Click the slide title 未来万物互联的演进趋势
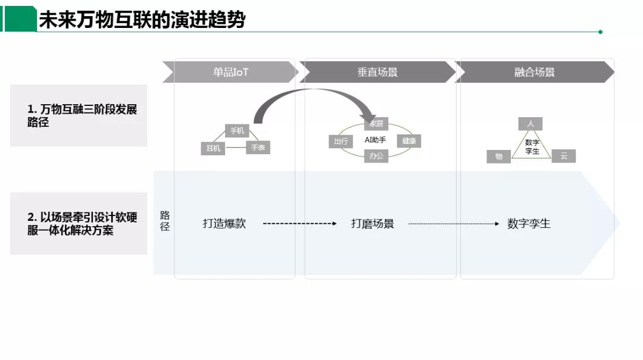142,20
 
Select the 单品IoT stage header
231,72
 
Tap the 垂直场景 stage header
377,72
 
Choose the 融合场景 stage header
535,72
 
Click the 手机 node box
237,131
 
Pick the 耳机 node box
213,148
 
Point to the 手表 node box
258,147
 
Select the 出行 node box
341,141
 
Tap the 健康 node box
409,141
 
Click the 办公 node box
376,156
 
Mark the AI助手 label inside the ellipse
376,140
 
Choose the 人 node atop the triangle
530,124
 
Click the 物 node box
499,156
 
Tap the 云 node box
563,156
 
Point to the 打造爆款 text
224,224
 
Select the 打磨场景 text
373,224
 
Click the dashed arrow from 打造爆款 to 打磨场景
299,224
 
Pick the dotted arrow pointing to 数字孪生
454,224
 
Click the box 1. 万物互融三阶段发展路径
79,115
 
